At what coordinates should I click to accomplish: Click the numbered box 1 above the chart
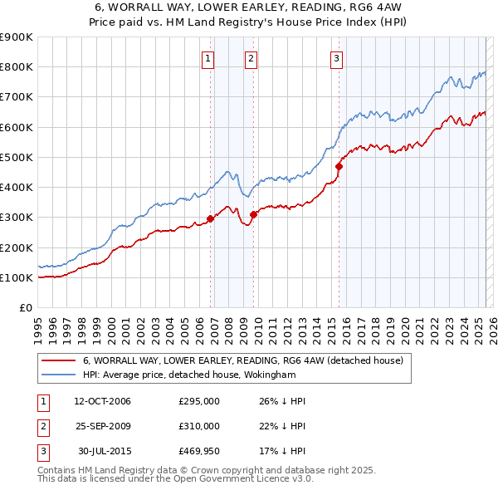(207, 58)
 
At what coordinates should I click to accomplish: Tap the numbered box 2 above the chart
(250, 58)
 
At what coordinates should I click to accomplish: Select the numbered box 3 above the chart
(336, 58)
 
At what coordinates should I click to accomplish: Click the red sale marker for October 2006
(210, 218)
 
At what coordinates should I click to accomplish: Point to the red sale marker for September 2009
(253, 214)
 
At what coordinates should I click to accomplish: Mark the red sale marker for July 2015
(339, 166)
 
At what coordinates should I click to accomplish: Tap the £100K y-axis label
(17, 277)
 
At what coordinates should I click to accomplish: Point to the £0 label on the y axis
(25, 307)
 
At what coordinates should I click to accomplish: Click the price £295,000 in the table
(199, 402)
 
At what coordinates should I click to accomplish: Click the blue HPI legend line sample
(58, 375)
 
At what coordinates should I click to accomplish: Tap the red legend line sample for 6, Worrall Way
(58, 360)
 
